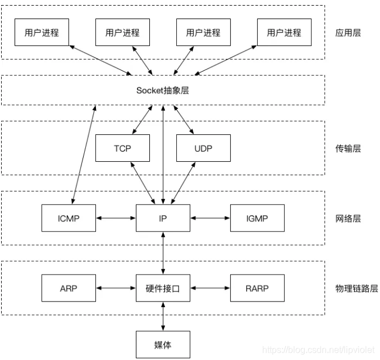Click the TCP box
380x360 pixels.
pyautogui.click(x=122, y=148)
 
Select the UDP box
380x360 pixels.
pyautogui.click(x=203, y=148)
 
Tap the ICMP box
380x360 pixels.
pyautogui.click(x=68, y=218)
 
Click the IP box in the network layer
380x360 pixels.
pyautogui.click(x=163, y=218)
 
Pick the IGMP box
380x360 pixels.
pyautogui.click(x=257, y=218)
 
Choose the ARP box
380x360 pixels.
pyautogui.click(x=68, y=288)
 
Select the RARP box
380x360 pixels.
pyautogui.click(x=257, y=288)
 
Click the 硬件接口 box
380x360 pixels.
pyautogui.click(x=163, y=288)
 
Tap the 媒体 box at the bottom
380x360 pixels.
pyautogui.click(x=163, y=343)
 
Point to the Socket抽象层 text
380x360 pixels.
pyautogui.click(x=163, y=90)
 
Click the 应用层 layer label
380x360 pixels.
pyautogui.click(x=348, y=33)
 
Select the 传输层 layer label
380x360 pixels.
pyautogui.click(x=348, y=148)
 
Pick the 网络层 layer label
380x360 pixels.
pyautogui.click(x=348, y=218)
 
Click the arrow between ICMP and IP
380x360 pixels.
pyautogui.click(x=116, y=218)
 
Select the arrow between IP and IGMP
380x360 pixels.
pyautogui.click(x=210, y=218)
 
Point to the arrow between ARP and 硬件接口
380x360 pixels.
pyautogui.click(x=116, y=288)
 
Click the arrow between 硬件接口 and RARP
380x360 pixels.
pyautogui.click(x=210, y=288)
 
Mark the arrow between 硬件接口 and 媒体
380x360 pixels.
pyautogui.click(x=163, y=316)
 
